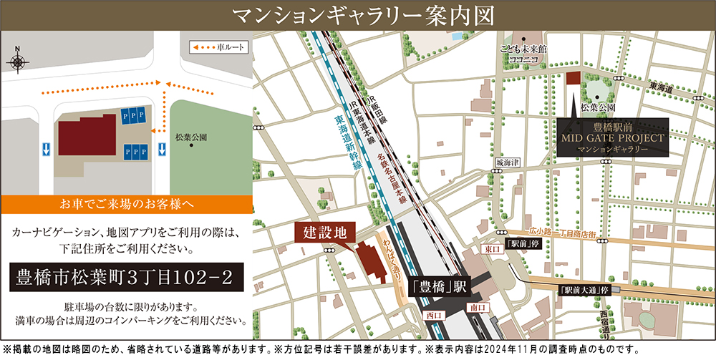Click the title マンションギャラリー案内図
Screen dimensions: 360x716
[x=357, y=14]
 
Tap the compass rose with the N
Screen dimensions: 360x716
[x=17, y=59]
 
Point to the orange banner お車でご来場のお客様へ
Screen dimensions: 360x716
[x=127, y=203]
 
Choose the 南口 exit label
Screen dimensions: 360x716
[x=478, y=307]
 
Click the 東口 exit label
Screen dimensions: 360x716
[x=490, y=249]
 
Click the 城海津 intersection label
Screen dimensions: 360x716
[x=506, y=163]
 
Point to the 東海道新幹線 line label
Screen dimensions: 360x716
[x=347, y=143]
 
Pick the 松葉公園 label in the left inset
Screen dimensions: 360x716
[x=190, y=136]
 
